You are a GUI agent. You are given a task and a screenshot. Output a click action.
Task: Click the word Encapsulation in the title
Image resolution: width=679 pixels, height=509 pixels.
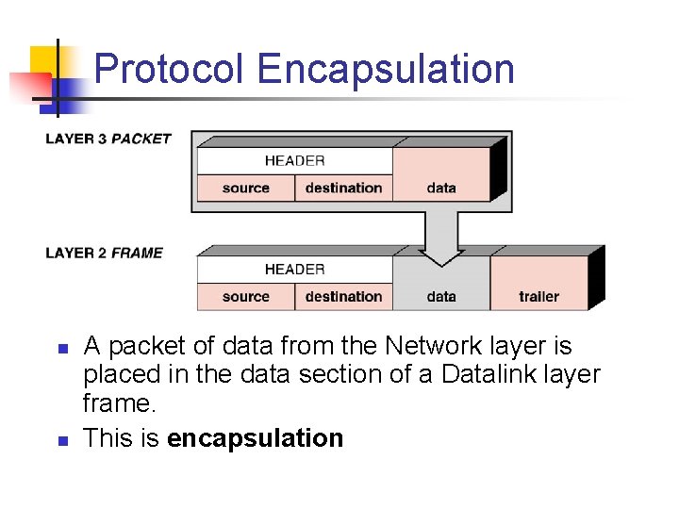[386, 70]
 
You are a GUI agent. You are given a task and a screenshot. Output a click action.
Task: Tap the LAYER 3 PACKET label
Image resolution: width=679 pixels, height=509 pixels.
[108, 139]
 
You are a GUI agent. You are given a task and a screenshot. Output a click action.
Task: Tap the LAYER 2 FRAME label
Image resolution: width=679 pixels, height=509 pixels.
[104, 253]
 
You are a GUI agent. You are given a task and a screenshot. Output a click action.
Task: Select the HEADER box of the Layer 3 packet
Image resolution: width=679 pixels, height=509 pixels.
[294, 161]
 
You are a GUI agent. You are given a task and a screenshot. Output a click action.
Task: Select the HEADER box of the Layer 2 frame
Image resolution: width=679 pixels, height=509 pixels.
[294, 270]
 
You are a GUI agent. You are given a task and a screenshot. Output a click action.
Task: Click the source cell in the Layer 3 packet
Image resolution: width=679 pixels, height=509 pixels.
[245, 188]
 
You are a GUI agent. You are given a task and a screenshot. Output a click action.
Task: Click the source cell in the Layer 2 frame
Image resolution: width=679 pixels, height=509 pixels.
[245, 296]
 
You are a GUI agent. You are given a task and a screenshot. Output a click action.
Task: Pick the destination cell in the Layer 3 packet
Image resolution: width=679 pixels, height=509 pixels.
[343, 188]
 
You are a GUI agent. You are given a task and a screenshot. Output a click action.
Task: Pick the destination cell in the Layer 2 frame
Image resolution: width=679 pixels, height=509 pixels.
[343, 296]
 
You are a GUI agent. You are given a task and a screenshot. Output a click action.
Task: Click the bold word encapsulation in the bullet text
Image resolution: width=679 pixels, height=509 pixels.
[255, 438]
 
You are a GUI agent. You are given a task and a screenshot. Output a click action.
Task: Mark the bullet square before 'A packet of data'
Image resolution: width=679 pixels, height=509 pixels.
[60, 349]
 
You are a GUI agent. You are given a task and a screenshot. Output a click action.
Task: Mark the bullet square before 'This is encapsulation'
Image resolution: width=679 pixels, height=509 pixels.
[60, 440]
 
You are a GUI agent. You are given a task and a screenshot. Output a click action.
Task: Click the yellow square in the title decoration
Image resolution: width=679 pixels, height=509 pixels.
[43, 60]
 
